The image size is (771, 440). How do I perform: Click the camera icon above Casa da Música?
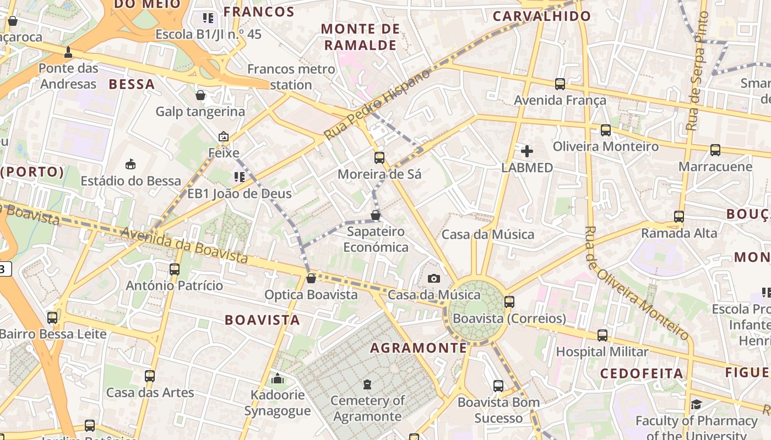(434, 278)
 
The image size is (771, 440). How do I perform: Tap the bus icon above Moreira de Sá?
(379, 158)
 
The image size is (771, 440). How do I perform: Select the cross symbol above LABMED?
(527, 151)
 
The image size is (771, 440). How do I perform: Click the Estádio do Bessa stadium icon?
(131, 164)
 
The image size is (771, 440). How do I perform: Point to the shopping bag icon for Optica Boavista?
(311, 278)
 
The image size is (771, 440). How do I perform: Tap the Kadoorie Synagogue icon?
(278, 378)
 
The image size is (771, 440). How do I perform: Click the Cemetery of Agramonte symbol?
(367, 384)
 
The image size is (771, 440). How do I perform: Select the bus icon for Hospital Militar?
(602, 335)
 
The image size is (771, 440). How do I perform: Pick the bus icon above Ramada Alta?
(679, 217)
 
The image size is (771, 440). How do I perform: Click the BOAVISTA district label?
(263, 320)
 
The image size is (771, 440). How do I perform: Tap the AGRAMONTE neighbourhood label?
(419, 348)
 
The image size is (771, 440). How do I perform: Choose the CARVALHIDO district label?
(542, 16)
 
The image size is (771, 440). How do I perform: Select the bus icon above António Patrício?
(175, 269)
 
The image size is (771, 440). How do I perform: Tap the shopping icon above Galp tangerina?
(200, 95)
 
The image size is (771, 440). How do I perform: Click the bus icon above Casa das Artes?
(150, 376)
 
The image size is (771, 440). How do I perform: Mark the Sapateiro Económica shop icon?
(376, 215)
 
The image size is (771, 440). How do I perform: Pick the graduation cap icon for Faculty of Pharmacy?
(696, 405)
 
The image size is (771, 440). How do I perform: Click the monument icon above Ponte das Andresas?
(68, 52)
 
